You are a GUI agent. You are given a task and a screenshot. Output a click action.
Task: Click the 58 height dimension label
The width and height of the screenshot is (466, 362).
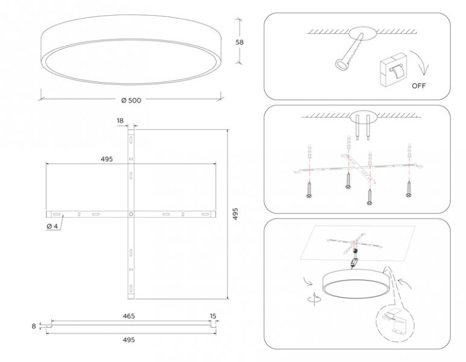click(240, 42)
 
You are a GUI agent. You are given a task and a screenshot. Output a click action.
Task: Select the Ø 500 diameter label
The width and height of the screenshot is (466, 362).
click(131, 100)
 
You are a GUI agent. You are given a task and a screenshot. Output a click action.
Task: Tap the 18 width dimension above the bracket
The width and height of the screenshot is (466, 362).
click(120, 121)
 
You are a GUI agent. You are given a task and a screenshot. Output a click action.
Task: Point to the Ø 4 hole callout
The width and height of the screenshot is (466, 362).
click(52, 226)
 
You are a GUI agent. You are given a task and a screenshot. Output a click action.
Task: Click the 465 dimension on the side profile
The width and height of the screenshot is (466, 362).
click(129, 316)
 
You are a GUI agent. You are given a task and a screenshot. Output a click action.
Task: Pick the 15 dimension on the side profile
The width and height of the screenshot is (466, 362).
click(213, 316)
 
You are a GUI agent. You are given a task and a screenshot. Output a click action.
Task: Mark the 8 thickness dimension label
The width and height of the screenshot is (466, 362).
click(34, 326)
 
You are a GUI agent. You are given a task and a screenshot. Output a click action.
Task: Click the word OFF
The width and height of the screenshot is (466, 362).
click(419, 86)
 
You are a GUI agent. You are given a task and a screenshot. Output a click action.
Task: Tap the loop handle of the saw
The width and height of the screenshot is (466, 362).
click(342, 64)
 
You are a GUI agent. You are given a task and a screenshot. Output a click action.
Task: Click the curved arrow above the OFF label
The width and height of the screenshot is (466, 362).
click(420, 63)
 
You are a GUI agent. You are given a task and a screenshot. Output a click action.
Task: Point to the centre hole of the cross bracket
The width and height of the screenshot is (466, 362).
click(131, 214)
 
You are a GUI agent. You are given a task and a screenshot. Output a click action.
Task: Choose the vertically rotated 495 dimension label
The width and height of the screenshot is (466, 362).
click(235, 214)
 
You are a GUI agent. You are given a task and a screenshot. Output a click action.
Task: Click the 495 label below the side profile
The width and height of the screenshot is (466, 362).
click(129, 340)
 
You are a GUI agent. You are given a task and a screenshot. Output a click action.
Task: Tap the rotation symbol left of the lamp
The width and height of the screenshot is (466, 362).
click(314, 299)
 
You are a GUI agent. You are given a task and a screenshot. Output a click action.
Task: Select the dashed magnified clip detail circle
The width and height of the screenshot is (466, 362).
click(395, 324)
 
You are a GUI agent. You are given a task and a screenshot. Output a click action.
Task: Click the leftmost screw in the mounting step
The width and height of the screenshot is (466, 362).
click(309, 189)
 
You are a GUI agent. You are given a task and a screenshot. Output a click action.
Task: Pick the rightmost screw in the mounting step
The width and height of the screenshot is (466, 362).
click(409, 189)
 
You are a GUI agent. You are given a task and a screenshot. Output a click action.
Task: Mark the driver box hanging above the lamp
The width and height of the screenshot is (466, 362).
click(353, 262)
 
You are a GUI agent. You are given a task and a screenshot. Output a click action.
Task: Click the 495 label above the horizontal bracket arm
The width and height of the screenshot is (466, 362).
click(107, 159)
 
